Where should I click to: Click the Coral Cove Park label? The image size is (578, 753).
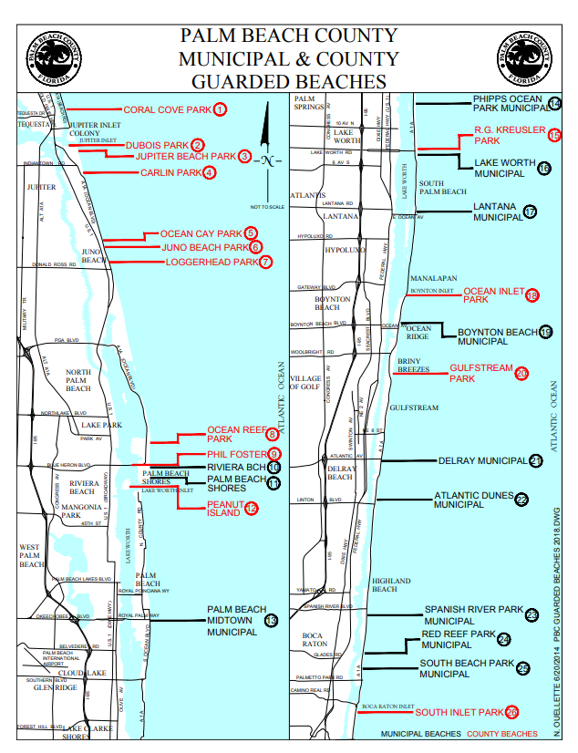click(167, 110)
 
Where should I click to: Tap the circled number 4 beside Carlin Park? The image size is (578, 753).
click(210, 173)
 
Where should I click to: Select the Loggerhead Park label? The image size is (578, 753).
click(212, 263)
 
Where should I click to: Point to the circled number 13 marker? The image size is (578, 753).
click(271, 621)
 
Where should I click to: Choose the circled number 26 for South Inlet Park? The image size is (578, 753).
click(511, 711)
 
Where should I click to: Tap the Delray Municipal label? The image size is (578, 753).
click(482, 460)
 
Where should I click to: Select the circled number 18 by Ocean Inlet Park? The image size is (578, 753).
click(532, 294)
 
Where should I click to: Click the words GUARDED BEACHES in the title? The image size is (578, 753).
click(289, 82)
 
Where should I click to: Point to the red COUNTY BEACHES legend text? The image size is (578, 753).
click(501, 734)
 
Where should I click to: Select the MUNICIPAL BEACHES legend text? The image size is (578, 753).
click(421, 734)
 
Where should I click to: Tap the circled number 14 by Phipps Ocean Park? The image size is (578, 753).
click(554, 104)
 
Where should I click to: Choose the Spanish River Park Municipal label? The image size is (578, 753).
click(473, 615)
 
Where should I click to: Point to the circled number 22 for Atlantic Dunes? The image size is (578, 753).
click(521, 499)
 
